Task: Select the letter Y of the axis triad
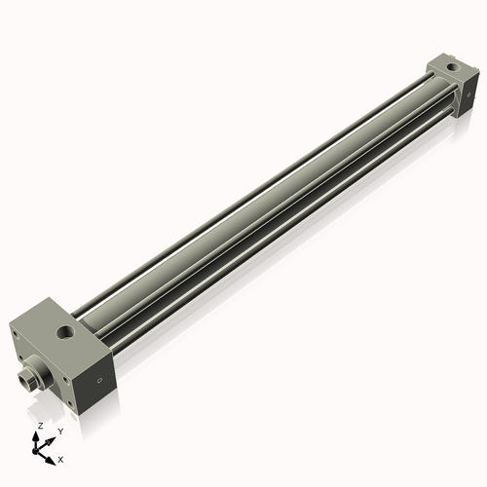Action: (60, 431)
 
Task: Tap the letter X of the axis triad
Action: (60, 458)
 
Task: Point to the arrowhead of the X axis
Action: (51, 454)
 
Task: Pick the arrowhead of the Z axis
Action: (38, 435)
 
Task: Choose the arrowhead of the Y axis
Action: (50, 437)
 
